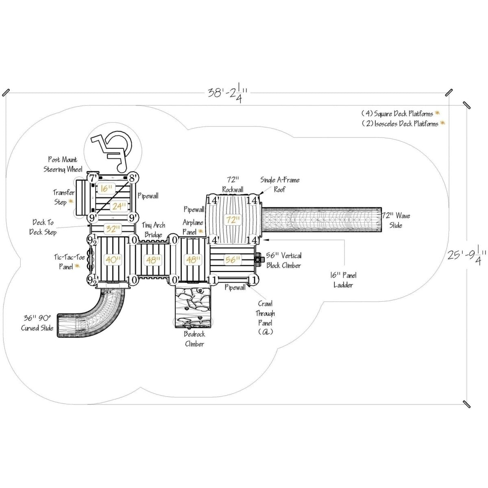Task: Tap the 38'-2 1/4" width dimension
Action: click(x=227, y=93)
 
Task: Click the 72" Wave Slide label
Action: click(x=396, y=220)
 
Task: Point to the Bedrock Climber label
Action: click(x=194, y=339)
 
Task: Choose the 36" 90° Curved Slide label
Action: click(x=37, y=323)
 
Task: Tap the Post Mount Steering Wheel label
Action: click(x=63, y=164)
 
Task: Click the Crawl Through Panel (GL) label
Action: click(x=265, y=318)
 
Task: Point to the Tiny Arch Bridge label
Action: click(x=153, y=230)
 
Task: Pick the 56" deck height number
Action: click(x=232, y=259)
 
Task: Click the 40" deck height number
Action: click(x=113, y=259)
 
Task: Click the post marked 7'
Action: click(x=93, y=178)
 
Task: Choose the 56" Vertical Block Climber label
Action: click(x=284, y=260)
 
